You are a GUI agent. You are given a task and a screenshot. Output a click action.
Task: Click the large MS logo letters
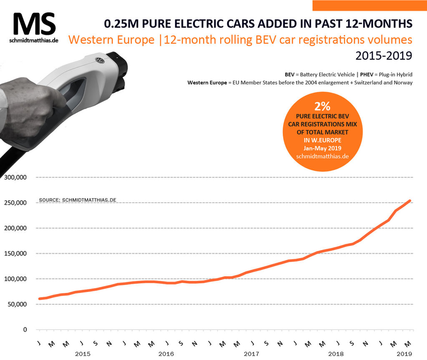pos(34,24)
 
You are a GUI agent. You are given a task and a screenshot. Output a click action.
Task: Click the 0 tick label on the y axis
pos(25,330)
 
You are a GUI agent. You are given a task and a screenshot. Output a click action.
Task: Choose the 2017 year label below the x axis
pos(251,354)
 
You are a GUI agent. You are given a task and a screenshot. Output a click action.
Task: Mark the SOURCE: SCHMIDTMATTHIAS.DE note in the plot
pos(77,200)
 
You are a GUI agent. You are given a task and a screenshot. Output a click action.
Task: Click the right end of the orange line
pos(410,200)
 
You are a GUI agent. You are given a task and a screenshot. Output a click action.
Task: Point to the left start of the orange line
pos(39,298)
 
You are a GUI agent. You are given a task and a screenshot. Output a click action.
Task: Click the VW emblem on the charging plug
pos(100,61)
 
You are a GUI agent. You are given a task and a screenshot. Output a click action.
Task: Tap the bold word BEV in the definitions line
pos(290,74)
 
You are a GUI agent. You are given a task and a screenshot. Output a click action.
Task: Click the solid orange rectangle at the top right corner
pos(369,5)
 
